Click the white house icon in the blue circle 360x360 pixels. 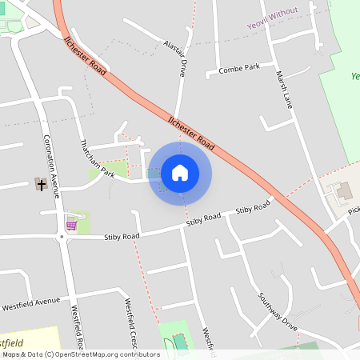(180, 173)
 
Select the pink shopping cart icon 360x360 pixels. (72, 225)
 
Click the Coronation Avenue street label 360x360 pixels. (52, 164)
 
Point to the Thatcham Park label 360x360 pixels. (97, 158)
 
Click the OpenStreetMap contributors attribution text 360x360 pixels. (81, 354)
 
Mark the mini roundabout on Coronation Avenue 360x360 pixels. (61, 237)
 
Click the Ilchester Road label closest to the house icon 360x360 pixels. (191, 133)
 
